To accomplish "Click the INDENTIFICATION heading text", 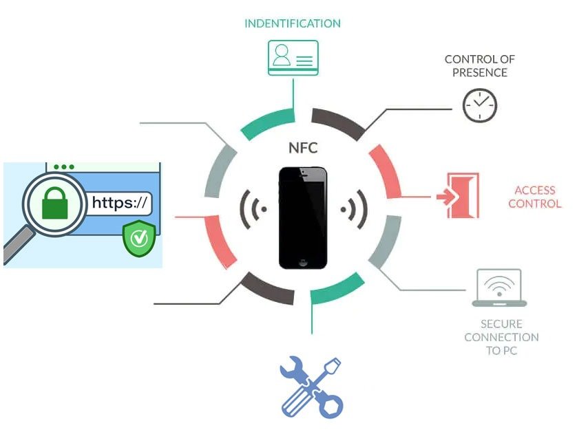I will click(293, 23).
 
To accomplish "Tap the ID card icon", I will click(293, 57).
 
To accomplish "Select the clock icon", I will click(479, 105).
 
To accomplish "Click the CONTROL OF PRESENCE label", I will click(479, 66).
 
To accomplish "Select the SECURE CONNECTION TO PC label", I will click(501, 337).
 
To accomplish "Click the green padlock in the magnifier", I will click(55, 202).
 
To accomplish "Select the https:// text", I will click(119, 202).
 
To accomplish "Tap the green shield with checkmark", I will click(139, 238).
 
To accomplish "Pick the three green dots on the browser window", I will click(64, 167).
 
